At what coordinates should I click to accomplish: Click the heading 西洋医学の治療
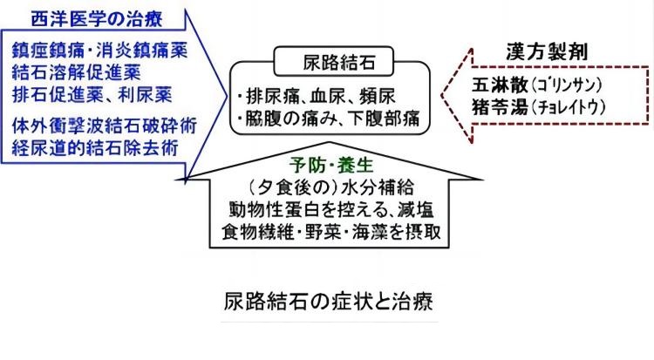coord(96,19)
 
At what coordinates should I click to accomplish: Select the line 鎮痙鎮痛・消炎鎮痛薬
coord(99,51)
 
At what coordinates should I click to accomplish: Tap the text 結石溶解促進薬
coord(77,72)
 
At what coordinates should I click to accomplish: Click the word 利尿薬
coord(145,95)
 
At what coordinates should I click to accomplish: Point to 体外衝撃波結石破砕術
coord(105,126)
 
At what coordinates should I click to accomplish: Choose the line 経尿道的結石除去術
coord(95,147)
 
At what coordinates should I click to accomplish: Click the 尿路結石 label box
coord(333,62)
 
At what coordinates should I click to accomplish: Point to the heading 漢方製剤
coord(547,52)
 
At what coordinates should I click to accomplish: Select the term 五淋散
coord(501,85)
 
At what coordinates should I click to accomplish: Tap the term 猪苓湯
coord(501,107)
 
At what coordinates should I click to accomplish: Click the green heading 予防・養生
coord(331,166)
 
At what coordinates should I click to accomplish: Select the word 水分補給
coord(378,187)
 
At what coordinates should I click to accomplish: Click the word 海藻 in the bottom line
coord(370,232)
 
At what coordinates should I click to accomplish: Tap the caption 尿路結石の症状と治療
coord(329,302)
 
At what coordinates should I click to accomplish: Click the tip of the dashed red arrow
coord(442,96)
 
